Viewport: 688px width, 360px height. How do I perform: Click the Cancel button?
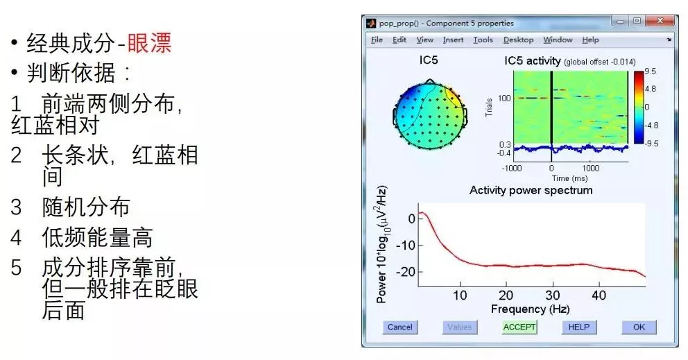click(x=399, y=327)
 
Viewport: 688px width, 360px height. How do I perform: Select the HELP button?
click(x=578, y=327)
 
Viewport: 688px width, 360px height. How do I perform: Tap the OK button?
click(x=639, y=327)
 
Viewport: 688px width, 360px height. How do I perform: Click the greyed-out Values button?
click(x=459, y=327)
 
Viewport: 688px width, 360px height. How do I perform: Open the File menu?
click(x=377, y=40)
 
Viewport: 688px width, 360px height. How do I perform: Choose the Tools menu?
click(x=483, y=40)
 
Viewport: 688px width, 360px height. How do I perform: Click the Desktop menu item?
click(x=518, y=40)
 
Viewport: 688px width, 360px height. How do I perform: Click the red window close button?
click(x=660, y=21)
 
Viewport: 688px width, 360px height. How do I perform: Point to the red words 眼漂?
click(x=149, y=42)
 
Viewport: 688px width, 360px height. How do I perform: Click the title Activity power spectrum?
click(x=531, y=190)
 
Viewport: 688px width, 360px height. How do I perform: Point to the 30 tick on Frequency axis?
click(x=553, y=295)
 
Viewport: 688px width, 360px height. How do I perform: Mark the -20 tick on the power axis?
click(x=406, y=272)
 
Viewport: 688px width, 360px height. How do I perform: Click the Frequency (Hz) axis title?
click(x=530, y=309)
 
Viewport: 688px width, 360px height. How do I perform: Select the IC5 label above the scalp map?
click(x=428, y=60)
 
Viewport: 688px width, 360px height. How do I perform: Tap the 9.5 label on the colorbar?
click(x=651, y=71)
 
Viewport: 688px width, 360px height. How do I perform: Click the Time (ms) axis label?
click(x=569, y=178)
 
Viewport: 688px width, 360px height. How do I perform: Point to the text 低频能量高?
click(x=97, y=237)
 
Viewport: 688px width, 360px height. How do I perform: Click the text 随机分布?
click(x=86, y=207)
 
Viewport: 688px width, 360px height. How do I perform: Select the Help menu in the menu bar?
click(x=590, y=40)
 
